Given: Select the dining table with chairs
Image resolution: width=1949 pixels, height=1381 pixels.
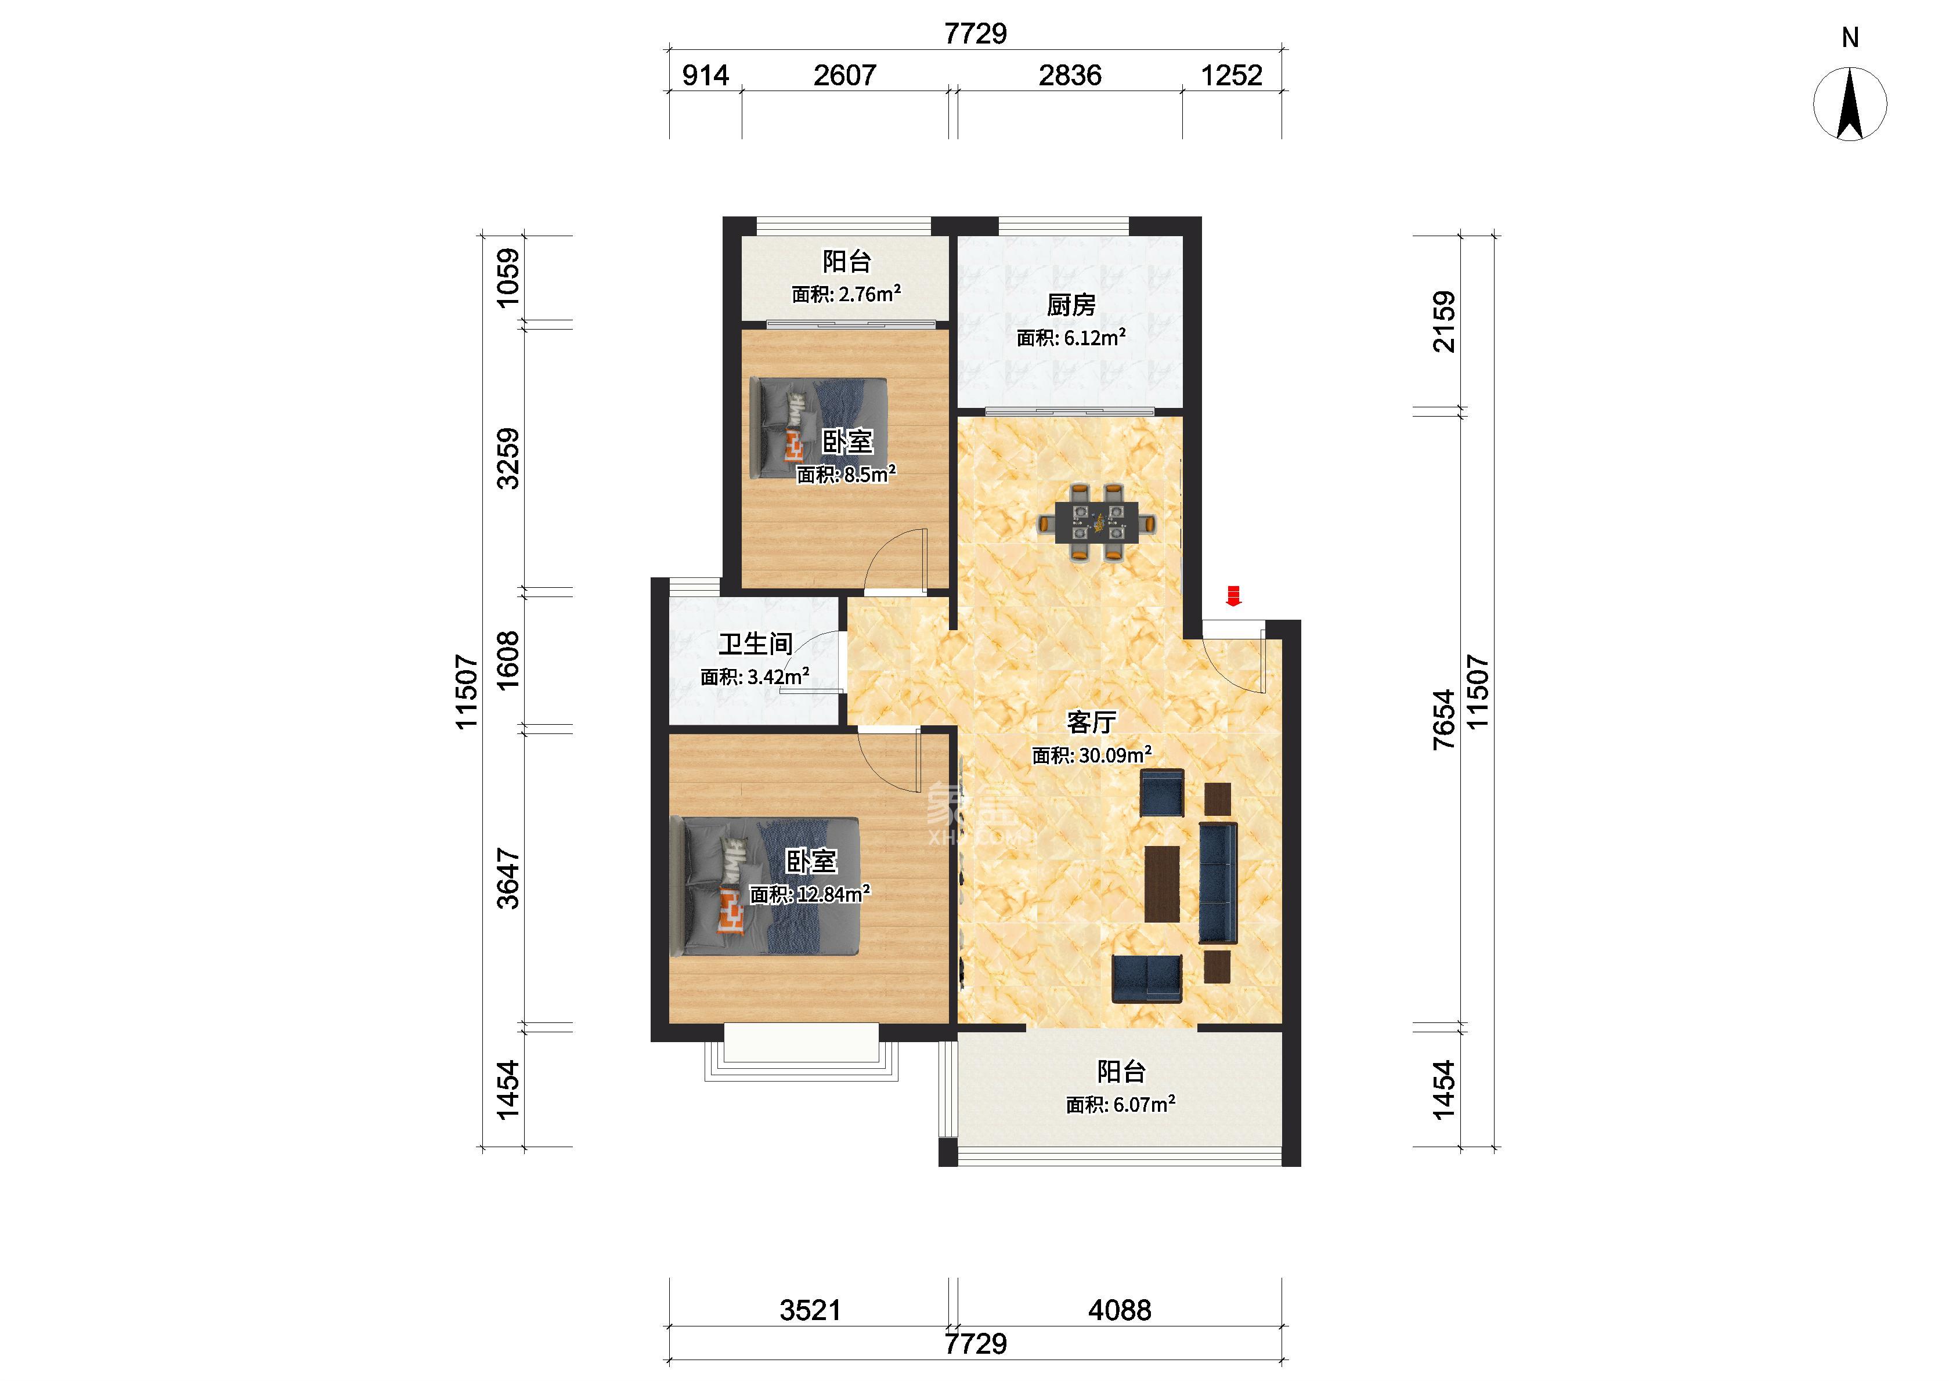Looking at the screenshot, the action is click(1098, 522).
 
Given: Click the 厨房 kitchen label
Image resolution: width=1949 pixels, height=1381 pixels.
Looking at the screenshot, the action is click(1071, 305).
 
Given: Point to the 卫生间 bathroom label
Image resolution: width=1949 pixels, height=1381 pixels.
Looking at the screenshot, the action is click(755, 643).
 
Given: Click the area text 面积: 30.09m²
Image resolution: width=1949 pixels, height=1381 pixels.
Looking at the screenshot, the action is click(1092, 755).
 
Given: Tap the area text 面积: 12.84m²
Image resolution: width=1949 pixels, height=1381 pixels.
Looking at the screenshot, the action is click(810, 894).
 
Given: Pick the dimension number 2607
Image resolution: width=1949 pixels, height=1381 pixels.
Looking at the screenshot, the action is click(844, 75).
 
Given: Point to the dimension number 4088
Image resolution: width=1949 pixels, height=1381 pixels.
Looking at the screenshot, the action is click(1120, 1310).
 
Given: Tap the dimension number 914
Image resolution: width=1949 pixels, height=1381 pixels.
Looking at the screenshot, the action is click(706, 75).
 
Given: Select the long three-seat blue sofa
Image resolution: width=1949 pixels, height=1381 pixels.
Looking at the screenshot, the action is click(1218, 883).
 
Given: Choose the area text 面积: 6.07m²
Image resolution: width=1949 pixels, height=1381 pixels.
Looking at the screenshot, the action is click(1121, 1105).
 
